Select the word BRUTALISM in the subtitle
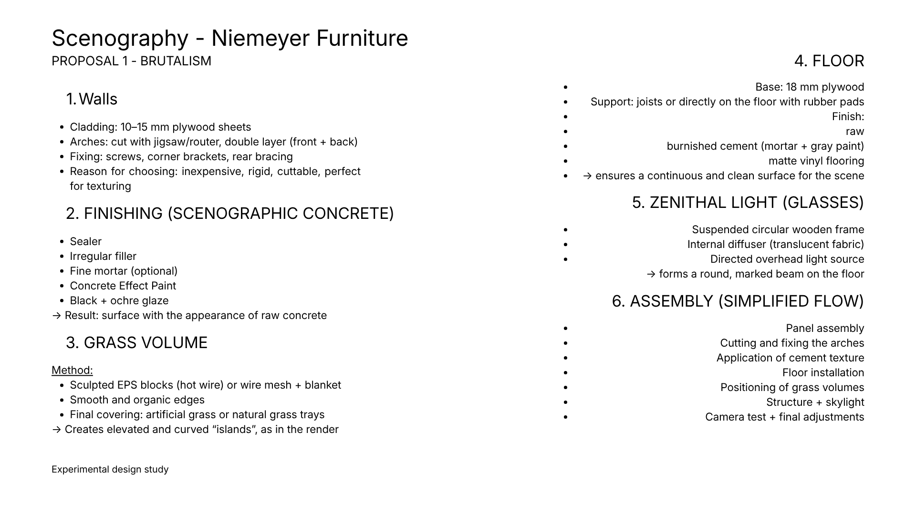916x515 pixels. [176, 61]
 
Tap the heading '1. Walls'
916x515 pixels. [92, 99]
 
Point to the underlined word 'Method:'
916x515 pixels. [72, 370]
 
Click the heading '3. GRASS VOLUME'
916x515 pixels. [136, 343]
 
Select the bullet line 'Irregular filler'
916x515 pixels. [103, 256]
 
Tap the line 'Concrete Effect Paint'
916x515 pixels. [123, 286]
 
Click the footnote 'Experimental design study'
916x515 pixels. [110, 469]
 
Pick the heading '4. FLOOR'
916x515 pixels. [829, 61]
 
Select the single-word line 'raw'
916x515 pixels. [855, 131]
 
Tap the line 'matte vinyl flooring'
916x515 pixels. [816, 161]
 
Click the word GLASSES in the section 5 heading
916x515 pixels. [823, 203]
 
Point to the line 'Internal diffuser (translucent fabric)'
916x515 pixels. [776, 244]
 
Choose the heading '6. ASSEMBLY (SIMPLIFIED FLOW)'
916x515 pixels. [738, 301]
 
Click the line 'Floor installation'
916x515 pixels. [823, 372]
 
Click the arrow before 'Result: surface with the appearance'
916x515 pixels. [56, 316]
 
